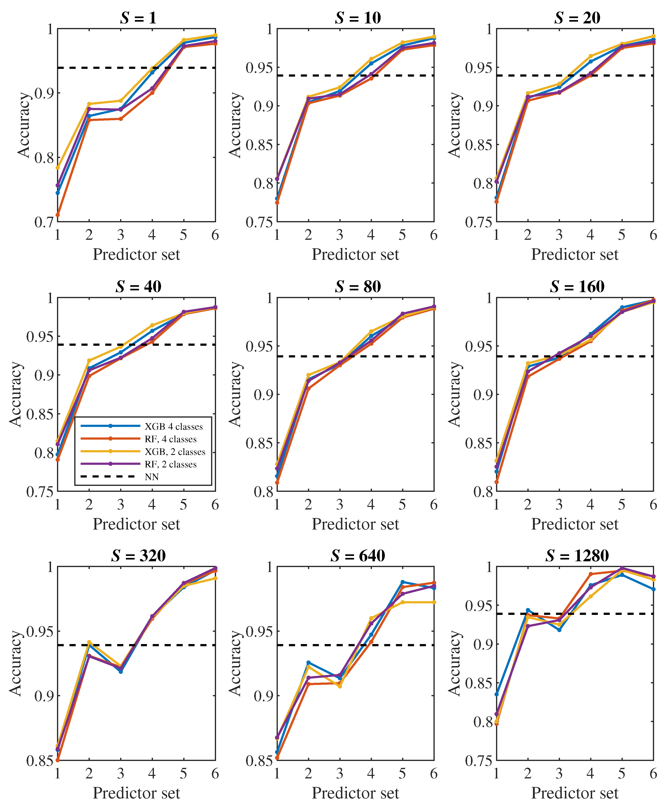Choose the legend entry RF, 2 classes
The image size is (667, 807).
pos(171,464)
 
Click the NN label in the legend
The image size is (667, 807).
pos(152,477)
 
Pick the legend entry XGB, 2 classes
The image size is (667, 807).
pos(175,452)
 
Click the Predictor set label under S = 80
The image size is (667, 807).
pos(355,524)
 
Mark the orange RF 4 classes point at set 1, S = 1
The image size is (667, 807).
pos(58,215)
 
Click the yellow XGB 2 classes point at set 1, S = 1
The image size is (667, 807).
pos(58,168)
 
